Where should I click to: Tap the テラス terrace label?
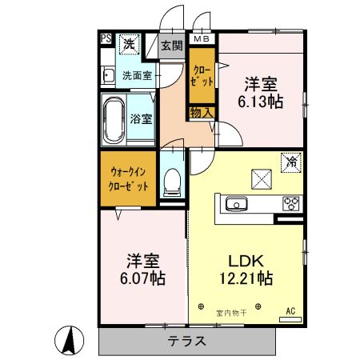pos(186,341)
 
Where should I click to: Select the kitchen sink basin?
pos(238,205)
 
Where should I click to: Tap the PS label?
pos(106,38)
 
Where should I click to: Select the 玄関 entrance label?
pos(170,46)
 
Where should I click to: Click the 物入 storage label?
pos(201,113)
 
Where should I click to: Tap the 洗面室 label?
pos(138,76)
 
